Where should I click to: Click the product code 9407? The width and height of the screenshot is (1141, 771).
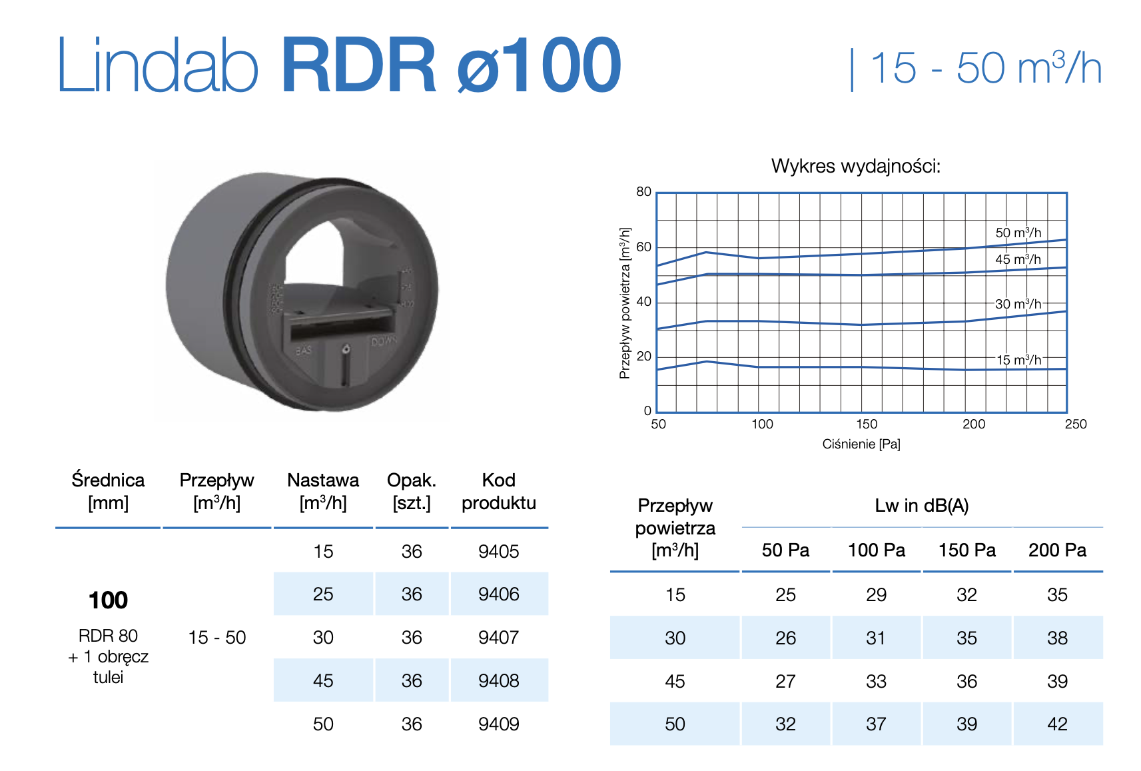point(498,638)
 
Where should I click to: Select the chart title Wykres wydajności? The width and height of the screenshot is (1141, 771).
point(855,166)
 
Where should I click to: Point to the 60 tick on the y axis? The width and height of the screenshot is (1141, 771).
point(643,247)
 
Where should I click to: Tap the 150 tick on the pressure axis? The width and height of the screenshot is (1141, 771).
point(867,424)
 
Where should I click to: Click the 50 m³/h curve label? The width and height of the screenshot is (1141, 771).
point(1018,233)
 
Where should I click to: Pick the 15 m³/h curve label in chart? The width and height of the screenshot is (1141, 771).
point(1018,360)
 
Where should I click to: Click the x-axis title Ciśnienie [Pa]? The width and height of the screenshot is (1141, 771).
point(861,444)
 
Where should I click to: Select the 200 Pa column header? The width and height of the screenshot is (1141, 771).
point(1057,550)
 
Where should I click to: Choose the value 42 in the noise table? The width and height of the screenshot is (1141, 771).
point(1057,724)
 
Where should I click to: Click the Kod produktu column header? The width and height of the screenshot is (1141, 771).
point(498,491)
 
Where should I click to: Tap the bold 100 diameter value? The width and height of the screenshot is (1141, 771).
point(108,600)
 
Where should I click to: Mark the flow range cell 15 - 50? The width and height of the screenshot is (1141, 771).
point(217,638)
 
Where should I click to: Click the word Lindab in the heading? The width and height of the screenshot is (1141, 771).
point(157,66)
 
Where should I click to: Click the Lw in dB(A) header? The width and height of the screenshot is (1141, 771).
point(921,506)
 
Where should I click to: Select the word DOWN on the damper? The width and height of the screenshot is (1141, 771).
point(384,341)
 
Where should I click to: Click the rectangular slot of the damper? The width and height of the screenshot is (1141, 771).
point(340,325)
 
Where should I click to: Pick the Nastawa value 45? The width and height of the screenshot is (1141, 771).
point(323,681)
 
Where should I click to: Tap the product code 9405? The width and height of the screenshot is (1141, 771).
point(498,552)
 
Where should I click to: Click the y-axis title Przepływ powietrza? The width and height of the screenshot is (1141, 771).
point(624,303)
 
